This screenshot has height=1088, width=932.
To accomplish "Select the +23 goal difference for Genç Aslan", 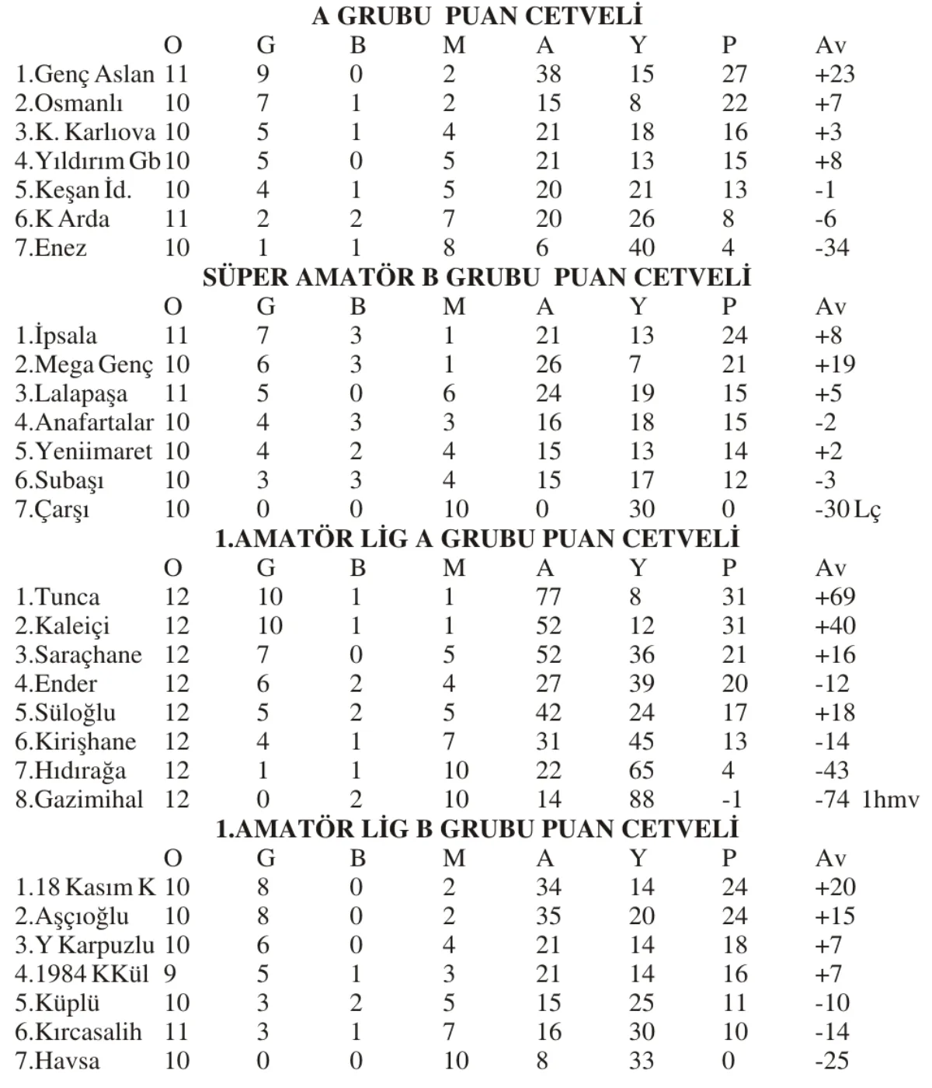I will coord(834,75).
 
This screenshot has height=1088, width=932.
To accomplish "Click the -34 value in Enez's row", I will coord(831,249).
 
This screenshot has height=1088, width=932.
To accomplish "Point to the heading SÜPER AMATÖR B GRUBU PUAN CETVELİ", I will coord(477,277).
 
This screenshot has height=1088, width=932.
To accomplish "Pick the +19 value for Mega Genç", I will coord(834,364).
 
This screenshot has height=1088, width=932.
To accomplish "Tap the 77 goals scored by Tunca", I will coord(548,597).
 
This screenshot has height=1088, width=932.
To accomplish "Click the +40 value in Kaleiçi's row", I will coord(834,626).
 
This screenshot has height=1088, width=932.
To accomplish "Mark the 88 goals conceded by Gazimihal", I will coord(642,800).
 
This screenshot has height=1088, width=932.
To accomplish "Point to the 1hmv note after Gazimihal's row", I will coord(890,800).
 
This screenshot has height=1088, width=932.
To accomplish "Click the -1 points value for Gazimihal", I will coord(732,800).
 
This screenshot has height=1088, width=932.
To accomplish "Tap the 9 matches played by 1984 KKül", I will coord(170,975).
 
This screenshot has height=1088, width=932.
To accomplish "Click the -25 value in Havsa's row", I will coord(831,1061).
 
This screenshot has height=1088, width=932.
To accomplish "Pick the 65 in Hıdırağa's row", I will coord(642,771).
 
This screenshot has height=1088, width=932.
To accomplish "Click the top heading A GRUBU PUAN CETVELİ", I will coord(477,16).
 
